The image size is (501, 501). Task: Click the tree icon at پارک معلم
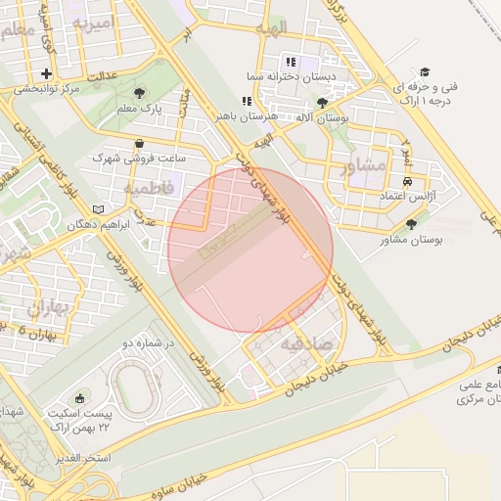click(x=142, y=94)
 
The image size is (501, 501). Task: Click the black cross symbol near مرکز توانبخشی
click(x=46, y=73)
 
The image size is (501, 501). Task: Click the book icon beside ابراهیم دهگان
click(x=97, y=209)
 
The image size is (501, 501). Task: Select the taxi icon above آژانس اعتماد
click(x=407, y=181)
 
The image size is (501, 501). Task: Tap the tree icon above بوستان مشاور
click(x=409, y=224)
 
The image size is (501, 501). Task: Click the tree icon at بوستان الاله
click(x=323, y=102)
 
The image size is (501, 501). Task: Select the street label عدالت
click(x=103, y=74)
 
